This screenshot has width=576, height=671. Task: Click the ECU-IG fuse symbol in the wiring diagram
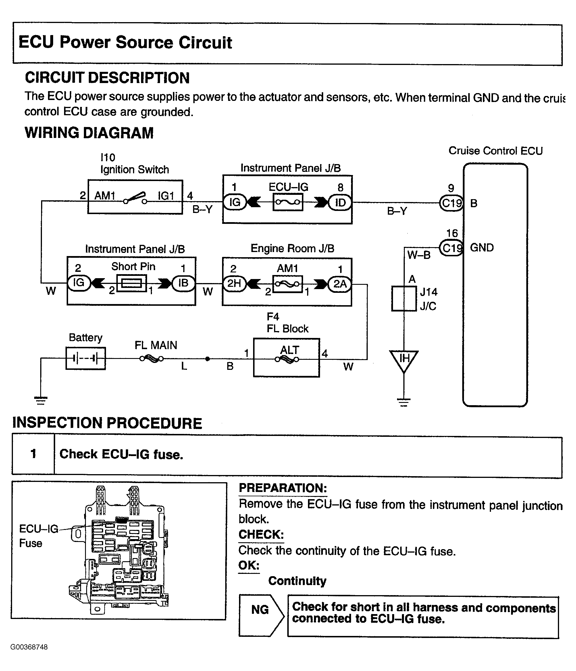288,202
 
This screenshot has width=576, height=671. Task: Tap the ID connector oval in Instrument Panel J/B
340,203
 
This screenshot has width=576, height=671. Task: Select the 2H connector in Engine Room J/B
235,284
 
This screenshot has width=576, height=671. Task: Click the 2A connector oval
340,284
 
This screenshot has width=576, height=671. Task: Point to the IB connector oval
183,283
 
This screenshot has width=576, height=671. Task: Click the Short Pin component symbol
131,283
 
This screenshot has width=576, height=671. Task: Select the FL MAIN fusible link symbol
151,359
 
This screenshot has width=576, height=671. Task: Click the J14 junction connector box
404,299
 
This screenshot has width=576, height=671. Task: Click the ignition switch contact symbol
135,198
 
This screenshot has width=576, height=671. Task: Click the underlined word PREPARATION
283,488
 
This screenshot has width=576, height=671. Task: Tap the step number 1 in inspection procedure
33,454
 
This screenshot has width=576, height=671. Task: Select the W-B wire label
419,255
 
